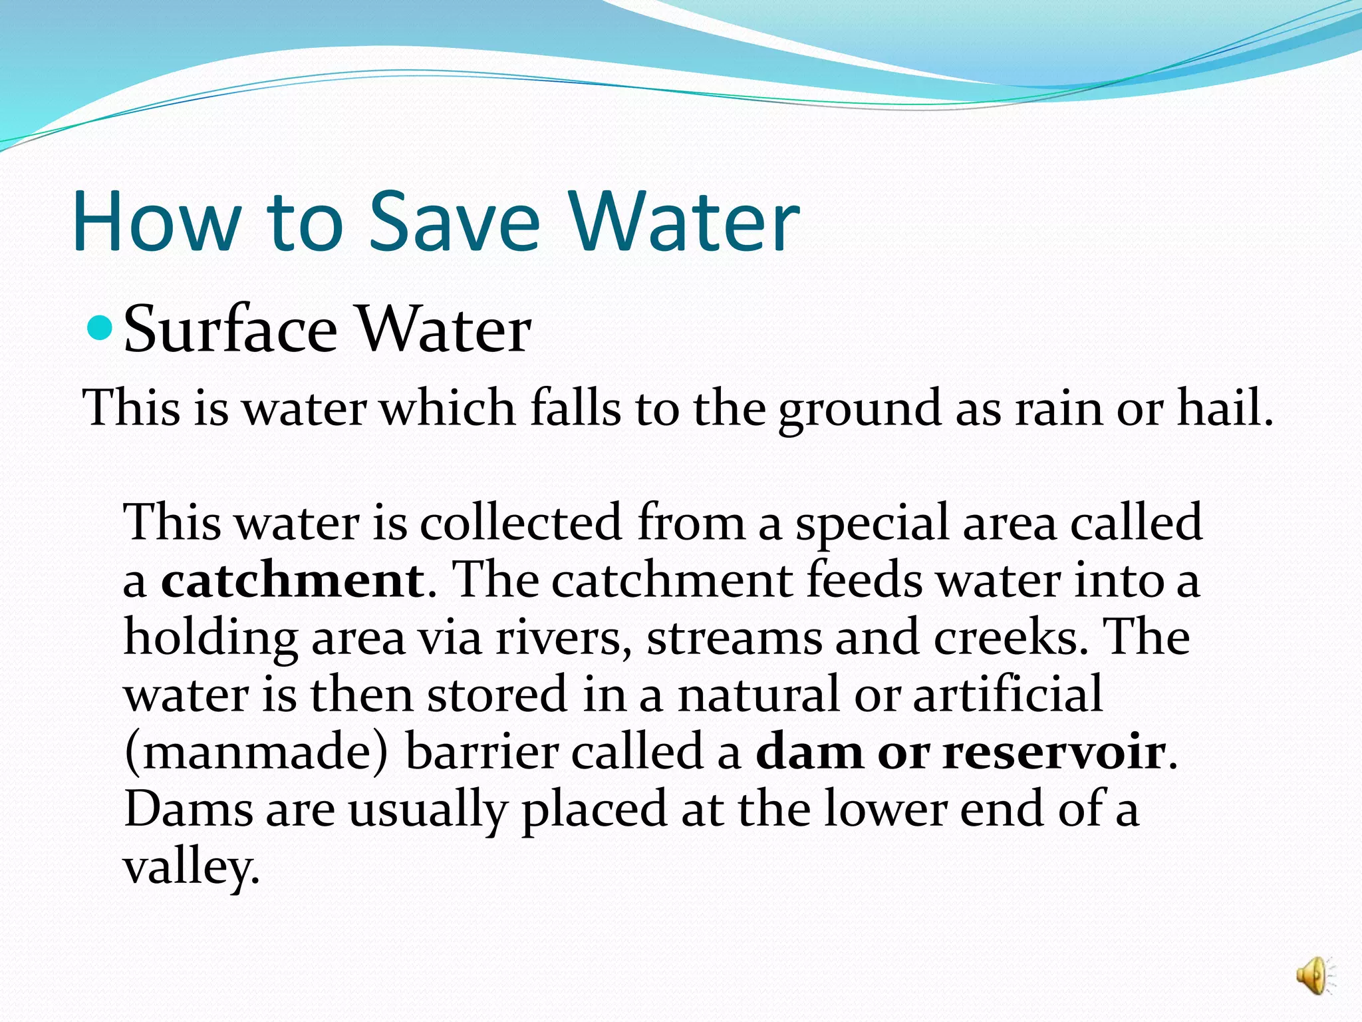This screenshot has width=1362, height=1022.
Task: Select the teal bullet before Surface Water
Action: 102,327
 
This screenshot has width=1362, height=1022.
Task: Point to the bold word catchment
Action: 293,580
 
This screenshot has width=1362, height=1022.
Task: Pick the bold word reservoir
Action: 1054,752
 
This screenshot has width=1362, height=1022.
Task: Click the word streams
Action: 734,637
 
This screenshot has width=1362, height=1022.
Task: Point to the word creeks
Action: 1011,637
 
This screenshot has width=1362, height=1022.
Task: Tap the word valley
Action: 191,868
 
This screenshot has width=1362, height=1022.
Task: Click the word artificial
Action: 1008,695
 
